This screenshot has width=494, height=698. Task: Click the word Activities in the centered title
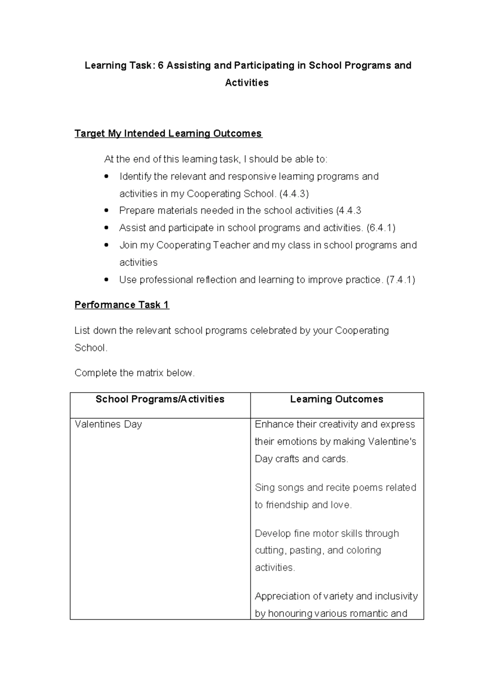pyautogui.click(x=247, y=83)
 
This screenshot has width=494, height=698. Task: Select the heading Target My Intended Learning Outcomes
pyautogui.click(x=168, y=134)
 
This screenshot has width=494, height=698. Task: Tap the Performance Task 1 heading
pyautogui.click(x=121, y=305)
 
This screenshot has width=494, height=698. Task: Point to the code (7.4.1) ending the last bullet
pyautogui.click(x=401, y=280)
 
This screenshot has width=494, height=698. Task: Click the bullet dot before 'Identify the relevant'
pyautogui.click(x=107, y=177)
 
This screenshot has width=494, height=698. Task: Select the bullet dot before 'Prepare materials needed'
pyautogui.click(x=107, y=211)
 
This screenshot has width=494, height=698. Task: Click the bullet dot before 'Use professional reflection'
pyautogui.click(x=107, y=280)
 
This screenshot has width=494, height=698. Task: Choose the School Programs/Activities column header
pyautogui.click(x=160, y=399)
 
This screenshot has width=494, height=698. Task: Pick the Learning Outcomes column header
pyautogui.click(x=336, y=399)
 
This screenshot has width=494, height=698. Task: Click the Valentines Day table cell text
pyautogui.click(x=108, y=424)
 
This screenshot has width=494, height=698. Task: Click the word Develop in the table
pyautogui.click(x=273, y=534)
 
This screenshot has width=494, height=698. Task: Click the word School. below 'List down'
pyautogui.click(x=91, y=348)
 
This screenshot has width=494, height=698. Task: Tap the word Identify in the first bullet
pyautogui.click(x=135, y=177)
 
